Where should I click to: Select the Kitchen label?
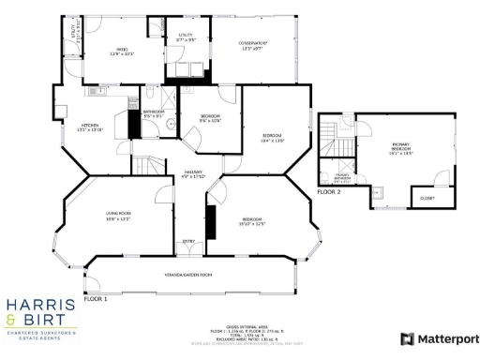click(x=90, y=127)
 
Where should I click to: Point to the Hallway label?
click(x=192, y=174)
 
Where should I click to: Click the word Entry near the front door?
click(x=189, y=240)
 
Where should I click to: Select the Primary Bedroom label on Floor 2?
click(x=402, y=147)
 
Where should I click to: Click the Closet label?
click(x=427, y=198)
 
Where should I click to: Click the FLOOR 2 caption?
click(x=328, y=191)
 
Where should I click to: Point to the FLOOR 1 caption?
click(x=97, y=297)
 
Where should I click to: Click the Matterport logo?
click(x=440, y=338)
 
